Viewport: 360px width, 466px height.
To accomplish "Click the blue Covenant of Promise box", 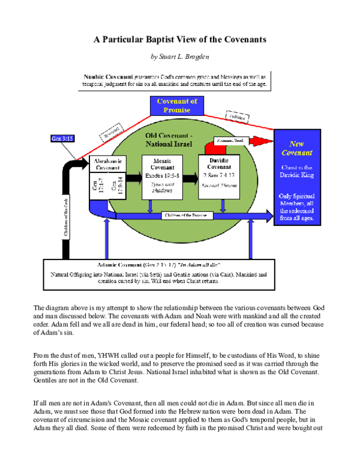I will [x=173, y=106].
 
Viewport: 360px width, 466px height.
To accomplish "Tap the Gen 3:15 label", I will [x=61, y=139].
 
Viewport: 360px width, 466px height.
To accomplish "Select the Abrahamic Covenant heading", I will [x=108, y=165].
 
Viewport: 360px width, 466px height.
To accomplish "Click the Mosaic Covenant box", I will [x=161, y=177].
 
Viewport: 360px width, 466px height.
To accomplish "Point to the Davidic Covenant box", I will [x=219, y=177].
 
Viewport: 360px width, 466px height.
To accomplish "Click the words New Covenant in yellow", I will [x=297, y=148].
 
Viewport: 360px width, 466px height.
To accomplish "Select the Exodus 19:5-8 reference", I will [x=161, y=175].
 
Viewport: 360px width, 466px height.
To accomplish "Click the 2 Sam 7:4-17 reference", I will [x=219, y=175].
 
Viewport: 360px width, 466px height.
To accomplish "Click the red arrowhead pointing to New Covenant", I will [x=262, y=142].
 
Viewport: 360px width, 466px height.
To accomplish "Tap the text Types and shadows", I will [x=161, y=188].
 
